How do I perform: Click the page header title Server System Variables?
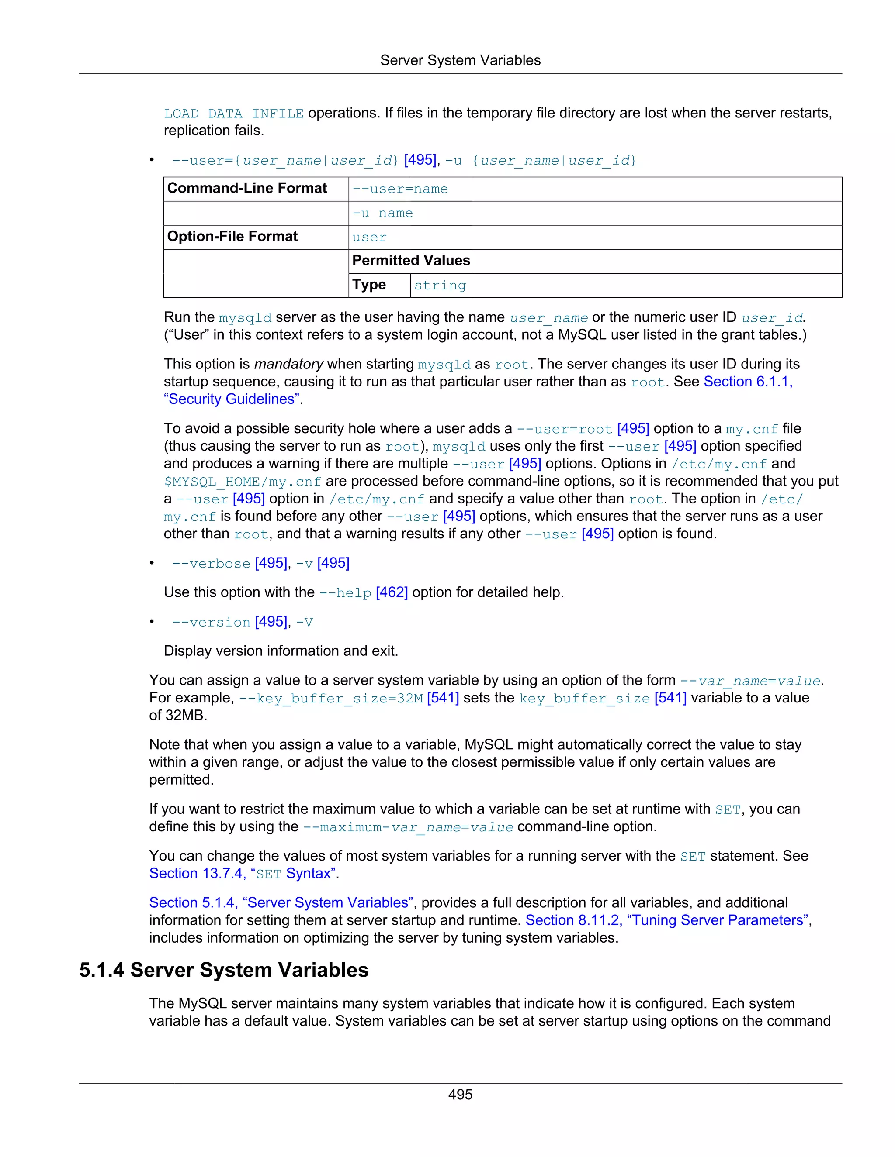click(x=460, y=60)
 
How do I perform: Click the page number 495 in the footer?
click(x=460, y=1095)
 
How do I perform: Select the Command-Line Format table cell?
click(x=247, y=189)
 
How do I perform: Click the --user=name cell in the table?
click(x=400, y=189)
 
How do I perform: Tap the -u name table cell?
click(x=382, y=213)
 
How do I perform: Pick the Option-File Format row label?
click(x=232, y=237)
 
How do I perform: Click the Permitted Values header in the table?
click(x=411, y=261)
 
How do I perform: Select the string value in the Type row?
click(x=440, y=286)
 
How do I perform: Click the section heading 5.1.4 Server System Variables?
click(x=223, y=970)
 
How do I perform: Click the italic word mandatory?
click(x=288, y=365)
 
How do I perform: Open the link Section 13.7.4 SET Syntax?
click(x=243, y=874)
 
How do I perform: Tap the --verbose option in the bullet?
click(x=211, y=564)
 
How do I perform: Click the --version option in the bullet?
click(x=211, y=623)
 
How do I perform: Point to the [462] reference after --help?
click(x=391, y=593)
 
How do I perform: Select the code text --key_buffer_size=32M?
click(x=331, y=699)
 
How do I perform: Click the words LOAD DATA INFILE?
click(x=233, y=114)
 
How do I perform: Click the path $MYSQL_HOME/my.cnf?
click(x=242, y=482)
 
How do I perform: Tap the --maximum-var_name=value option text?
click(x=408, y=827)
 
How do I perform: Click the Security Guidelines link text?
click(x=232, y=399)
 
